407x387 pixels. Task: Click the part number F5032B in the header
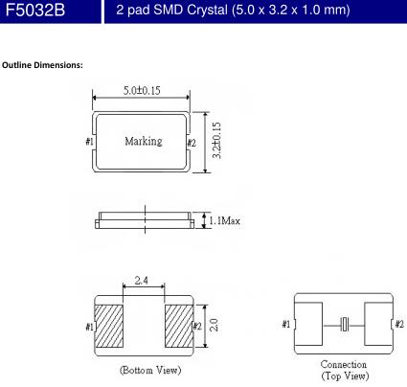pyautogui.click(x=35, y=10)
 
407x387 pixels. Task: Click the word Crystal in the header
pyautogui.click(x=207, y=11)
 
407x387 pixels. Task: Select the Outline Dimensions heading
pyautogui.click(x=42, y=65)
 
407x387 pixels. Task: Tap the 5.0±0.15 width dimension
pyautogui.click(x=142, y=90)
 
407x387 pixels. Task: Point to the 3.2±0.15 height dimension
pyautogui.click(x=216, y=140)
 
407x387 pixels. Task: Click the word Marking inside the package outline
pyautogui.click(x=144, y=141)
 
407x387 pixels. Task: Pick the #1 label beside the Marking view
pyautogui.click(x=89, y=141)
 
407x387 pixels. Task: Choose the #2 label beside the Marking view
pyautogui.click(x=192, y=143)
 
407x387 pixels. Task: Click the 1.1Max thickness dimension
pyautogui.click(x=224, y=220)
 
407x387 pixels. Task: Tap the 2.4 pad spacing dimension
pyautogui.click(x=141, y=280)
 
